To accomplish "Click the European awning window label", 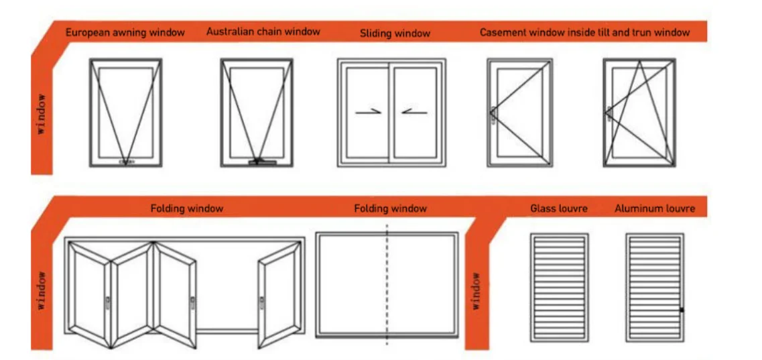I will point(125,32).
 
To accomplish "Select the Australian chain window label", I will point(263,32).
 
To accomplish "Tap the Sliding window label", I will point(395,33).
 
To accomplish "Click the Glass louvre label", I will point(559,208).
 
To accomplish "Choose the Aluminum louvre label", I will point(655,208).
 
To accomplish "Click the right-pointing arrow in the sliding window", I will point(369,112).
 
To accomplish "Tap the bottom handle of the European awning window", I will point(126,162).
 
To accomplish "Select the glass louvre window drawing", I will point(559,287).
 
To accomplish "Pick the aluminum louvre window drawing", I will point(655,287).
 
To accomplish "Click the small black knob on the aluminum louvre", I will point(682,310).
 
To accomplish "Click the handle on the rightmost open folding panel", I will point(262,302).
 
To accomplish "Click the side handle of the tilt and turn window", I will point(608,113).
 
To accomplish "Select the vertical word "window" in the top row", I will point(42,114).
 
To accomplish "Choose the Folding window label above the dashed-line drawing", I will point(390,208).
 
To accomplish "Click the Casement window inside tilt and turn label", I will point(584,32).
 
